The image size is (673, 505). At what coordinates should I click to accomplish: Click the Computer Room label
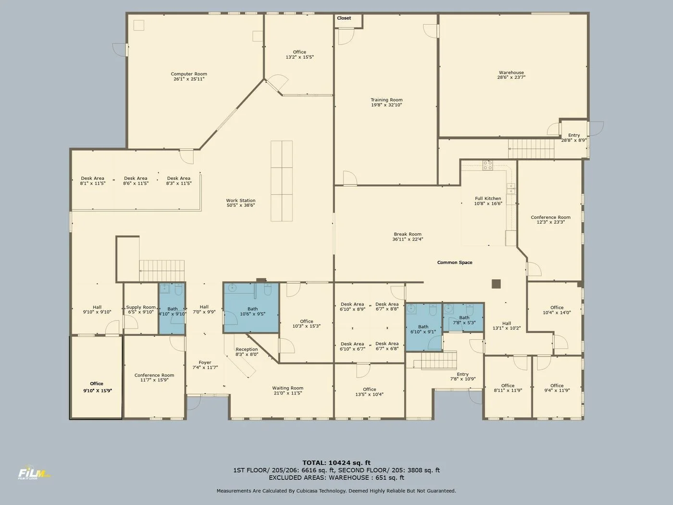click(189, 74)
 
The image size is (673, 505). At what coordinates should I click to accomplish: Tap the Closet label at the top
click(344, 18)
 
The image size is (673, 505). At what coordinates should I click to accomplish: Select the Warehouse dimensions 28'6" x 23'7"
click(511, 77)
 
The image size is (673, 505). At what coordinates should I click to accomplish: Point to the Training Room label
click(386, 100)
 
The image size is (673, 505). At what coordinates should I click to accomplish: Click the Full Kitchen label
click(488, 198)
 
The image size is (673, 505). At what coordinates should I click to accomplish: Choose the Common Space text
click(454, 263)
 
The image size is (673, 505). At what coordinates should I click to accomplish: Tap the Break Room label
click(408, 234)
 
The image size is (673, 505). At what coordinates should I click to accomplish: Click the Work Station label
click(241, 201)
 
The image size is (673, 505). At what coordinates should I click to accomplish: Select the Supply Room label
click(141, 307)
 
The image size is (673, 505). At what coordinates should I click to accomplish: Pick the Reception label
click(247, 350)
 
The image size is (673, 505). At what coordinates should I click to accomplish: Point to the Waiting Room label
click(287, 388)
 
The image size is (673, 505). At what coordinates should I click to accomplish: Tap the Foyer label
click(205, 363)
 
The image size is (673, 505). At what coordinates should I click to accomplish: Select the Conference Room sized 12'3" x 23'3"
click(550, 217)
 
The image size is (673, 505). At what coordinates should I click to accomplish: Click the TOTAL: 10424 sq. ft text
click(336, 463)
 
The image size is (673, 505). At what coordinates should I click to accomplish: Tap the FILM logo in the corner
click(34, 474)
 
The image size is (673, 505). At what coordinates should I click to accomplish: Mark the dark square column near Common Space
click(496, 284)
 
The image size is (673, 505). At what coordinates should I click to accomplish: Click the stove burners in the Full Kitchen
click(487, 165)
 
